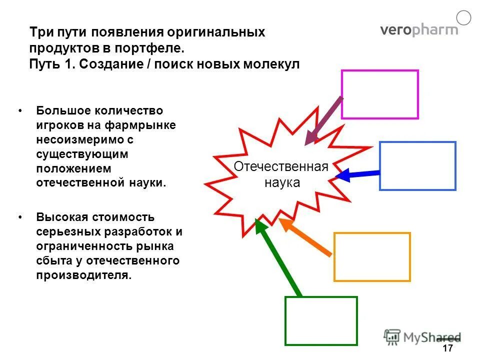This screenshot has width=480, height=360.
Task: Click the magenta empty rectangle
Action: coord(379,94)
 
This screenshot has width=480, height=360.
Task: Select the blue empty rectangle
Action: coord(417,166)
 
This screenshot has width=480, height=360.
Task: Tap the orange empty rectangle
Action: coord(372,256)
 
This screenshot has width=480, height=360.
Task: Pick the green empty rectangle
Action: coord(321,320)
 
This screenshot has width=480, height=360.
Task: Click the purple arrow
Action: coord(323,120)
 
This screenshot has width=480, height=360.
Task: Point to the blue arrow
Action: coord(358,174)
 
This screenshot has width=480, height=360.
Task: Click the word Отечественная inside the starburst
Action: coord(281,167)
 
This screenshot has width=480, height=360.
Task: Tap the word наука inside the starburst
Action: coord(282,182)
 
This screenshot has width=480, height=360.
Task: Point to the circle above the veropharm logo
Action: coord(464,18)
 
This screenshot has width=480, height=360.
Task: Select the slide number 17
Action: coord(447,348)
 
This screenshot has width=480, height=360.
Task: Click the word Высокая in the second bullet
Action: coord(57,217)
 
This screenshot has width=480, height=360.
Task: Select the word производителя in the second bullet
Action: coord(83,275)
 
